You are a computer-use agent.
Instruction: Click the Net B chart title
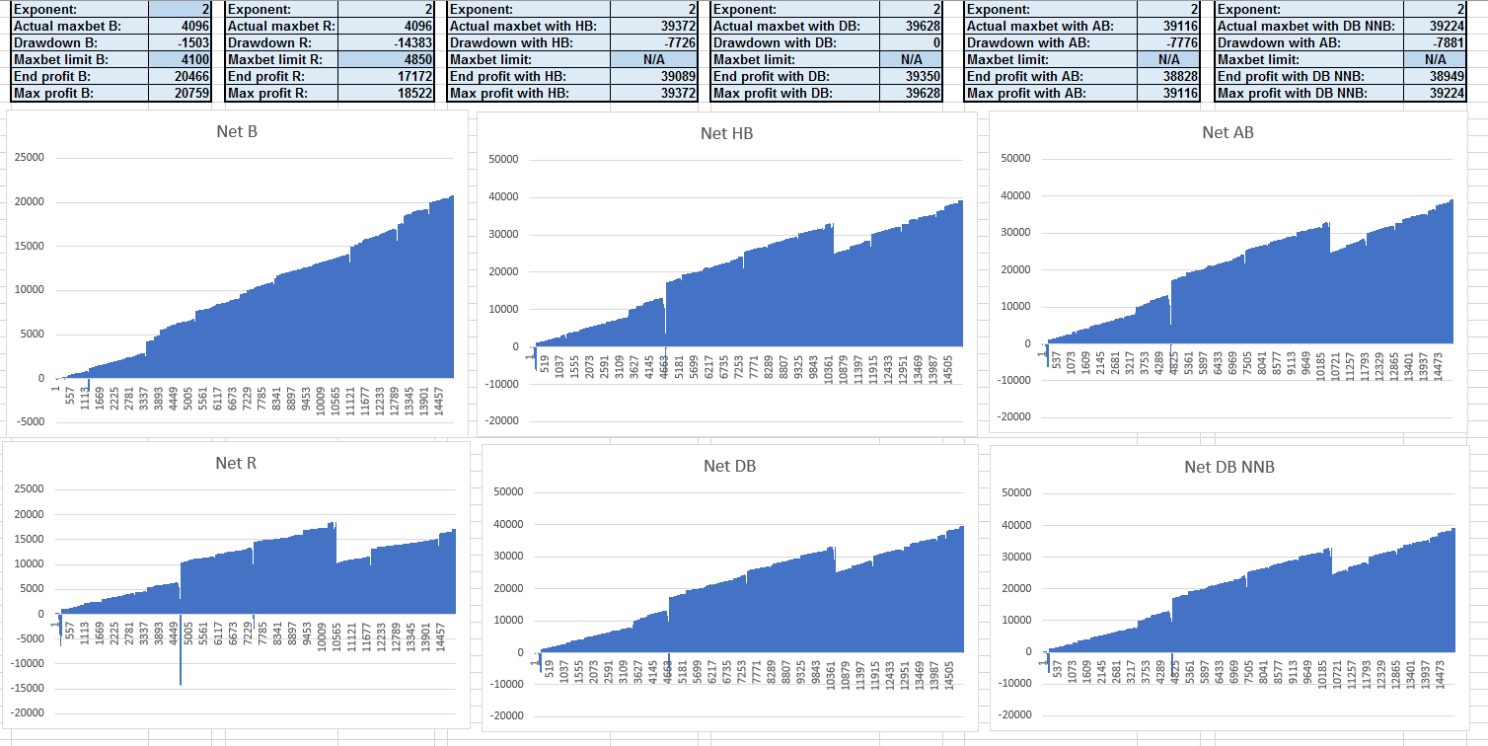click(237, 131)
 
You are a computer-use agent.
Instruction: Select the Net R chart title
click(237, 463)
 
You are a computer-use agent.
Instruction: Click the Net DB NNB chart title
click(1229, 467)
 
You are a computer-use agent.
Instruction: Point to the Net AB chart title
click(1228, 132)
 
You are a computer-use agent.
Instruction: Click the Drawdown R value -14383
click(413, 43)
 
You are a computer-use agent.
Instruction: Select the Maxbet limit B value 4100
click(193, 60)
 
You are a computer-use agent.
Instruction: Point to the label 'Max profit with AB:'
click(1025, 94)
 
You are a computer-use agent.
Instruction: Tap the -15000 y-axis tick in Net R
click(29, 688)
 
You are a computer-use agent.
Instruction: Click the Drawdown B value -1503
click(192, 43)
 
